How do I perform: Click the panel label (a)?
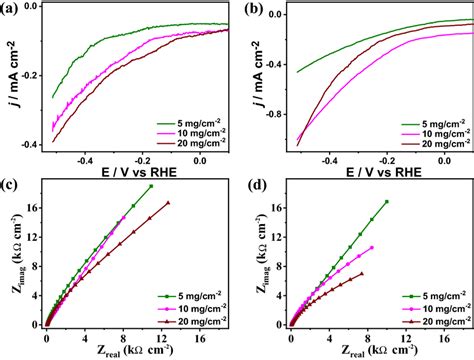click(13, 10)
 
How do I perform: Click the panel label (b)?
click(251, 10)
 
